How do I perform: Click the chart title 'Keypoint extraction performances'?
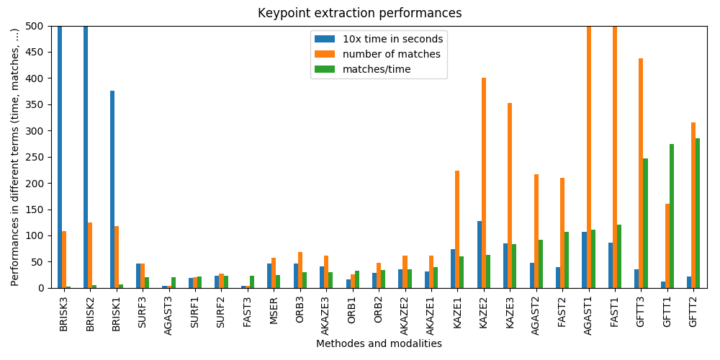click(x=360, y=13)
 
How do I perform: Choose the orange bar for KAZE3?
click(x=510, y=195)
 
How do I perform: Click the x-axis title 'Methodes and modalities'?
click(x=379, y=344)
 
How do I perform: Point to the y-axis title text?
click(x=15, y=157)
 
